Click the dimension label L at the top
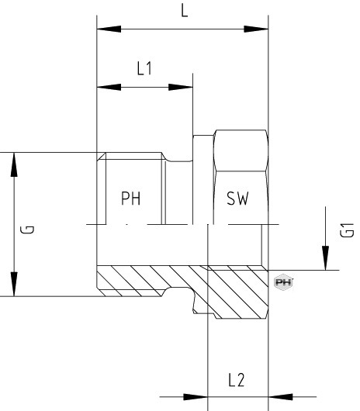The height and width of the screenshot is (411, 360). click(185, 11)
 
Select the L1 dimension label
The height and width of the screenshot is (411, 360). click(144, 68)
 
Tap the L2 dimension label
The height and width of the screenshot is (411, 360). click(236, 380)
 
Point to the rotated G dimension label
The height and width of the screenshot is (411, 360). click(27, 230)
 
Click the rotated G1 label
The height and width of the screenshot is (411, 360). click(347, 230)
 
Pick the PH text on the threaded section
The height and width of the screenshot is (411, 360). click(131, 199)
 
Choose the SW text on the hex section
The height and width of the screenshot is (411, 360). click(237, 199)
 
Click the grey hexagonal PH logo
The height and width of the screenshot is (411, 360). click(283, 282)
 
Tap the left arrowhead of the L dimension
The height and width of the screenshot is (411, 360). click(109, 29)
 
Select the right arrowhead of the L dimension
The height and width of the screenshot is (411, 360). click(256, 29)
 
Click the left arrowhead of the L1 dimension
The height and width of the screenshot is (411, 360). click(109, 87)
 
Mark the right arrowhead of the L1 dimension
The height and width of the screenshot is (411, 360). click(181, 87)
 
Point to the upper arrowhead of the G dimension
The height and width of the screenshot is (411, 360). click(14, 164)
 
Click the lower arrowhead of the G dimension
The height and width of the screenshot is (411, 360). click(14, 284)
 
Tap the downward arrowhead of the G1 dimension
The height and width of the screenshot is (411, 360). click(325, 258)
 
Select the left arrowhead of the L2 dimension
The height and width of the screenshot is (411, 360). click(196, 397)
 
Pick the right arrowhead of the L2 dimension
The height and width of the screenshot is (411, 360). click(281, 397)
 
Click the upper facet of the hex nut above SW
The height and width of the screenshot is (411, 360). click(241, 150)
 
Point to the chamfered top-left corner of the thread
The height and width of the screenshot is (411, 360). click(101, 157)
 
